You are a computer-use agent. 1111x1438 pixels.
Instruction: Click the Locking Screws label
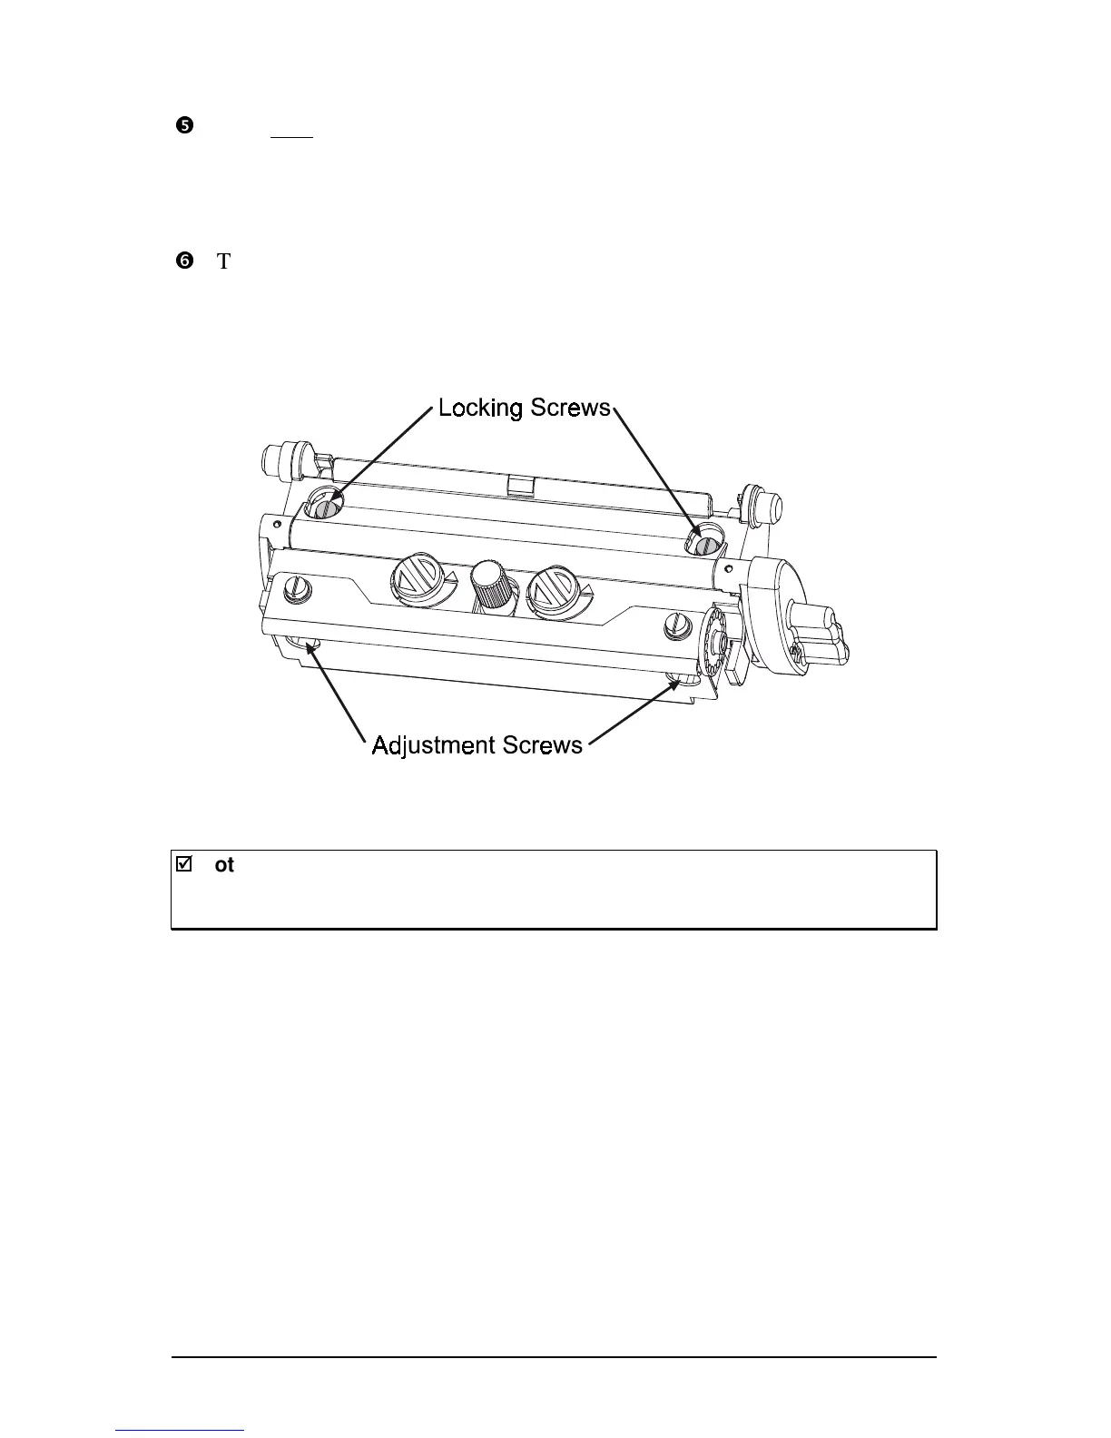(x=525, y=409)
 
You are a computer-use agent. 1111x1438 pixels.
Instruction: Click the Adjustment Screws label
(x=477, y=745)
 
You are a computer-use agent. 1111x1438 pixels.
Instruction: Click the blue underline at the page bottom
(x=181, y=1431)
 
